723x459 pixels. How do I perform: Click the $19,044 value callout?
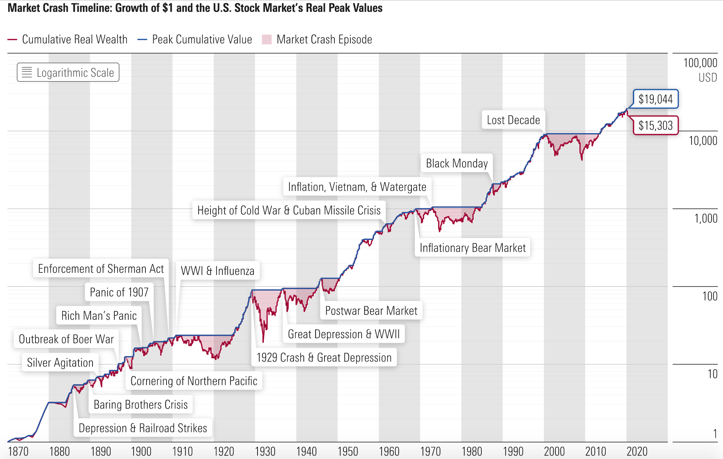pyautogui.click(x=655, y=99)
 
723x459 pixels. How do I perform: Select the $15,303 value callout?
pyautogui.click(x=655, y=125)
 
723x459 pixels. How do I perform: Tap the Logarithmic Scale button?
pyautogui.click(x=68, y=73)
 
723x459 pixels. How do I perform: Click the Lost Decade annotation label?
pyautogui.click(x=513, y=120)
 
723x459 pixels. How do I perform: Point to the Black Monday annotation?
pyautogui.click(x=457, y=163)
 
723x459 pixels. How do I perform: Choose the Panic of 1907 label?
pyautogui.click(x=119, y=292)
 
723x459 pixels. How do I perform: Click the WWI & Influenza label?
pyautogui.click(x=218, y=271)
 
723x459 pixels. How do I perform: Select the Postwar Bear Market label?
pyautogui.click(x=371, y=311)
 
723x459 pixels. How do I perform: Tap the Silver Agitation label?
pyautogui.click(x=60, y=363)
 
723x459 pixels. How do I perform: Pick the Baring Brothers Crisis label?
pyautogui.click(x=141, y=405)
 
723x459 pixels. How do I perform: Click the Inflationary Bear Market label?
pyautogui.click(x=473, y=248)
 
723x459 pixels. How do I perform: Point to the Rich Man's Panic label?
pyautogui.click(x=99, y=316)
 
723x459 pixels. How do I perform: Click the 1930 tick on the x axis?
pyautogui.click(x=265, y=452)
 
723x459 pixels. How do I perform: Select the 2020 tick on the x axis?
pyautogui.click(x=637, y=452)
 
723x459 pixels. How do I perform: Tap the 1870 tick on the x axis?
pyautogui.click(x=18, y=452)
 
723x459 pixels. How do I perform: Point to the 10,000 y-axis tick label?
pyautogui.click(x=703, y=141)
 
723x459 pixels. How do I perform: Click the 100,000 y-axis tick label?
pyautogui.click(x=700, y=63)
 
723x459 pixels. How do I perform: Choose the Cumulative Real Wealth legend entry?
pyautogui.click(x=74, y=40)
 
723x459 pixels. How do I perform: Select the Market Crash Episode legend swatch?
pyautogui.click(x=267, y=40)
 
